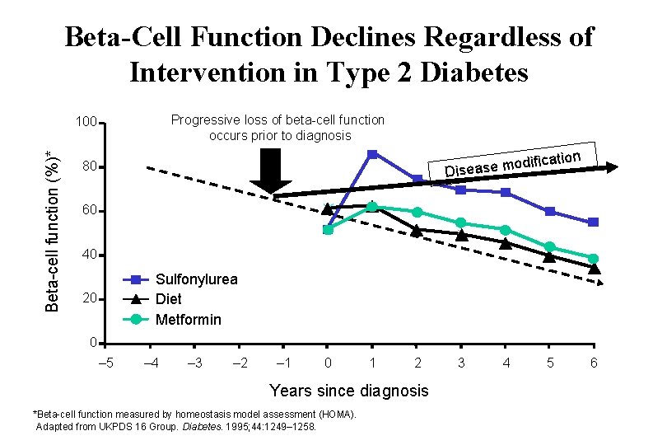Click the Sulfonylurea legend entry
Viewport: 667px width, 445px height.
[196, 279]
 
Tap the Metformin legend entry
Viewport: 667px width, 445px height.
[188, 319]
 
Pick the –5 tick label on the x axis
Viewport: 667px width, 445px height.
[105, 363]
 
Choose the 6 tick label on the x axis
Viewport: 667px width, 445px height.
[594, 363]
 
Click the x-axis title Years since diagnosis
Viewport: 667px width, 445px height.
[349, 391]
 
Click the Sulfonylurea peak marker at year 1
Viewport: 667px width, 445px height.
[372, 154]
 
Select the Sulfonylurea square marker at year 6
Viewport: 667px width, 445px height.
[594, 222]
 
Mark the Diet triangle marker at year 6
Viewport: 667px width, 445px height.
[594, 268]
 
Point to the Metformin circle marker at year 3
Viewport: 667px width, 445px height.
[461, 223]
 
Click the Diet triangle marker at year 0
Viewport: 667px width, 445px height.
[328, 209]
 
